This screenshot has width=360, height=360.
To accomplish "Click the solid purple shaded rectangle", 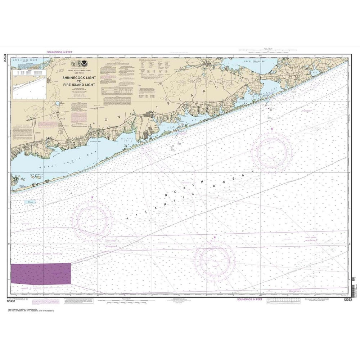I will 41,273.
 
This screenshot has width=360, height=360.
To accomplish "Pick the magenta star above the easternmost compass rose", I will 272,129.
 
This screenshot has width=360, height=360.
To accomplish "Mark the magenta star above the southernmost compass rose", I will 215,237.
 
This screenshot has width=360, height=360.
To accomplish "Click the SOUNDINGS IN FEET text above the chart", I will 60,52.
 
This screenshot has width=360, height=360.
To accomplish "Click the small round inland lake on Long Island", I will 57,105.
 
